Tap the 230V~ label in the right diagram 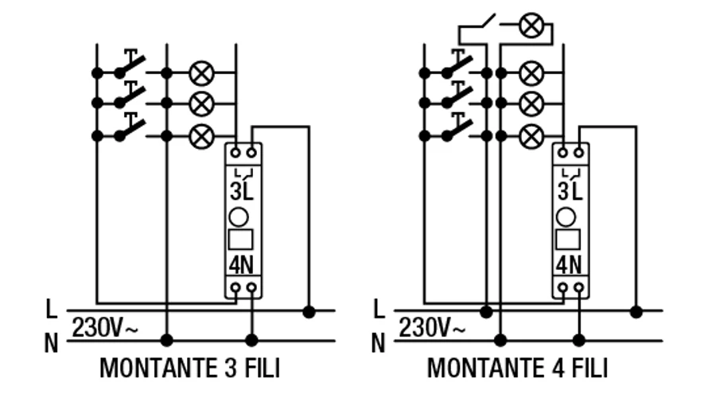[432, 326]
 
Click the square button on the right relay [570, 239]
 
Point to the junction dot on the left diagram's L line [309, 310]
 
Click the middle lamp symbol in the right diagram [531, 103]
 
